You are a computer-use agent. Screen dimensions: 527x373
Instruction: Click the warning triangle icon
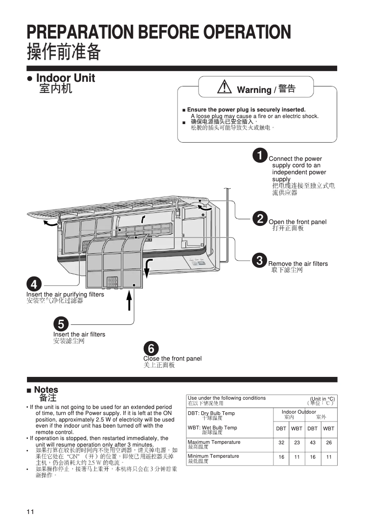[224, 87]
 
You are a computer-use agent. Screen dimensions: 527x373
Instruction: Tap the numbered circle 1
[260, 155]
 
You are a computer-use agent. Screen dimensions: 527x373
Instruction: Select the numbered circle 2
[260, 218]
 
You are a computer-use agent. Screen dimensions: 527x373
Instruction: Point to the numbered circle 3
[260, 260]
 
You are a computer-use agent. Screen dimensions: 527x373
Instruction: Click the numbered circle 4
[34, 283]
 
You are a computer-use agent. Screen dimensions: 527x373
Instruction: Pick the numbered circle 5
[61, 323]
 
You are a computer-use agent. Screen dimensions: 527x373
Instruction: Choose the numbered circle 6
[151, 348]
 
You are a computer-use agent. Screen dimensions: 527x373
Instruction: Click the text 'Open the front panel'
[298, 222]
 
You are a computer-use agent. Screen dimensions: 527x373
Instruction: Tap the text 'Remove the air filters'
[298, 264]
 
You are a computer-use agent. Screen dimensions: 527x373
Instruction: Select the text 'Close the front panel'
[172, 359]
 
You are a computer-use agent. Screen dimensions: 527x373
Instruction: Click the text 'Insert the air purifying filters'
[65, 295]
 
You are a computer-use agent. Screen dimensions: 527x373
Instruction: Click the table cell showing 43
[313, 443]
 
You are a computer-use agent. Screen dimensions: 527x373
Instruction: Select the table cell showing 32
[281, 443]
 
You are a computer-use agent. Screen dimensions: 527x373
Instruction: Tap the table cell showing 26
[329, 443]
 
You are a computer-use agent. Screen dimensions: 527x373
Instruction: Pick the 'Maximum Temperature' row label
[214, 442]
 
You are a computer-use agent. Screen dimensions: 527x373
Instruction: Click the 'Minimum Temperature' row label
[213, 456]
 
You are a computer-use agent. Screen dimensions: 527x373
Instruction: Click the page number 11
[30, 512]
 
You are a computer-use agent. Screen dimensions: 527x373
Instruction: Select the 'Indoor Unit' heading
[65, 78]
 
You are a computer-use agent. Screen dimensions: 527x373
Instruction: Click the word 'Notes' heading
[46, 390]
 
